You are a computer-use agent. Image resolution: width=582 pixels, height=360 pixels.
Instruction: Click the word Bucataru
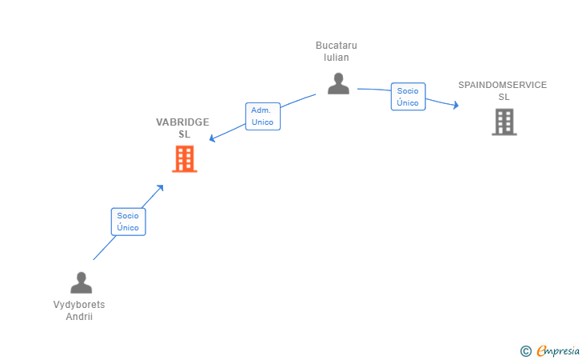click(x=337, y=46)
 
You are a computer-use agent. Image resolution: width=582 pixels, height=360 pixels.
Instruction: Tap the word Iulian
click(x=337, y=58)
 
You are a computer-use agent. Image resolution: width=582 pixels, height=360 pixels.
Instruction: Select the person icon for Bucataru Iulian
click(x=338, y=83)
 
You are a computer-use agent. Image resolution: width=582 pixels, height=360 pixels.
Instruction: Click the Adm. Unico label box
click(x=263, y=116)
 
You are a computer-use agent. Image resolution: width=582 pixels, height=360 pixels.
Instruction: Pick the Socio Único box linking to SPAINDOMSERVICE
click(x=409, y=97)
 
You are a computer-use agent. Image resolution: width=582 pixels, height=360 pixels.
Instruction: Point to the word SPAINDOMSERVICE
click(x=503, y=85)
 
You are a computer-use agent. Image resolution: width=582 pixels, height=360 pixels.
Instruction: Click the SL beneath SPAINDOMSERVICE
click(x=504, y=97)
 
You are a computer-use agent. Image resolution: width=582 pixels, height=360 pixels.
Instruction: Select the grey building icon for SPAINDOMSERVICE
click(x=504, y=122)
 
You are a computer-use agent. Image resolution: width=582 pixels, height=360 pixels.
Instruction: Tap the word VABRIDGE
click(x=182, y=122)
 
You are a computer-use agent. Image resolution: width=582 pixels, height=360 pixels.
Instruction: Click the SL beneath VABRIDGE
click(x=185, y=134)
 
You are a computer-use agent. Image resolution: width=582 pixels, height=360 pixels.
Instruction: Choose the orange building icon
click(x=185, y=159)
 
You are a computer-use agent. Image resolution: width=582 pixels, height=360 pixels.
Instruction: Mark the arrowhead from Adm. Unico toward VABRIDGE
click(x=213, y=138)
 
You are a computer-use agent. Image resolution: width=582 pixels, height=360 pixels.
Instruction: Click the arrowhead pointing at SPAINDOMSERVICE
click(x=456, y=105)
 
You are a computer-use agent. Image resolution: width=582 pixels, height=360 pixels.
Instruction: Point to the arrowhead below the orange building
click(x=160, y=188)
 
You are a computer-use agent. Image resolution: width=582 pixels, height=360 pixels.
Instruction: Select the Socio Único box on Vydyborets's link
click(x=129, y=222)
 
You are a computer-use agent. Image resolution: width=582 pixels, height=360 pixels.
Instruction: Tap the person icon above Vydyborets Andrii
click(x=82, y=282)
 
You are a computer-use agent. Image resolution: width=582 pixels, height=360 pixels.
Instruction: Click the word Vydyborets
click(x=79, y=305)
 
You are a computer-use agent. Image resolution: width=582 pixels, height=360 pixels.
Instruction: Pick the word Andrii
click(x=79, y=317)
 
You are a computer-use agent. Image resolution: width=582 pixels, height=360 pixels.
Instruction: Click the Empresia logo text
click(x=558, y=350)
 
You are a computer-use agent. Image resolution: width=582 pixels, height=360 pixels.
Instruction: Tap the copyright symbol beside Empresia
click(x=526, y=351)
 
